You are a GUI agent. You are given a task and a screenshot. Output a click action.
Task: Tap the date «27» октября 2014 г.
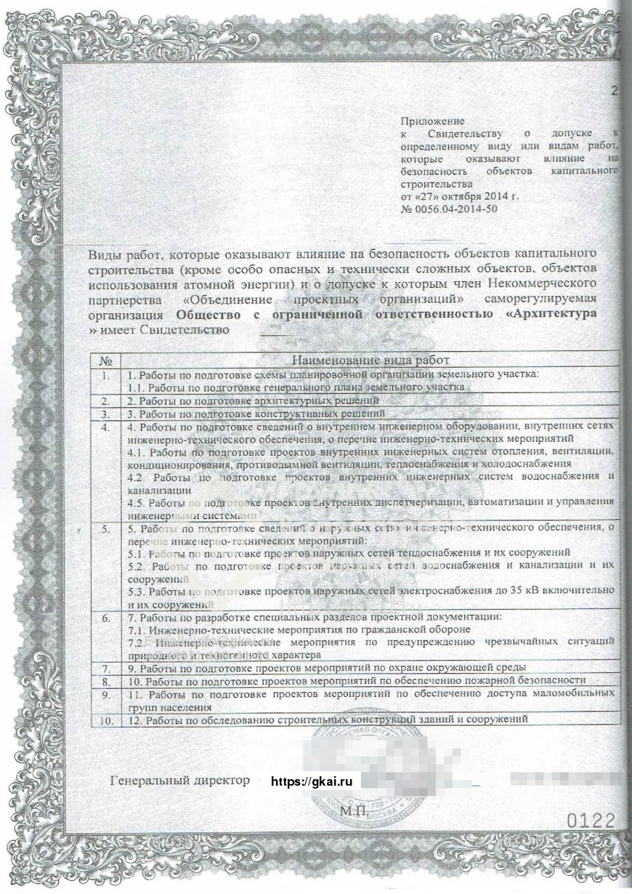(x=461, y=197)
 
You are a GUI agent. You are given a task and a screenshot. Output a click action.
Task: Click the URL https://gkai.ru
(x=311, y=781)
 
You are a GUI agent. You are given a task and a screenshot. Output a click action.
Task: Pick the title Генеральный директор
(x=179, y=781)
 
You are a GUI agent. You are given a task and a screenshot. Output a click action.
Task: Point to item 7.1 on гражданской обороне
(x=299, y=628)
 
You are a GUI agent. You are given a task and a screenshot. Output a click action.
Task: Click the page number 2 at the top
(x=615, y=91)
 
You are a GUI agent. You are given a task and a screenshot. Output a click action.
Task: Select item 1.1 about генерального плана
(x=295, y=387)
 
